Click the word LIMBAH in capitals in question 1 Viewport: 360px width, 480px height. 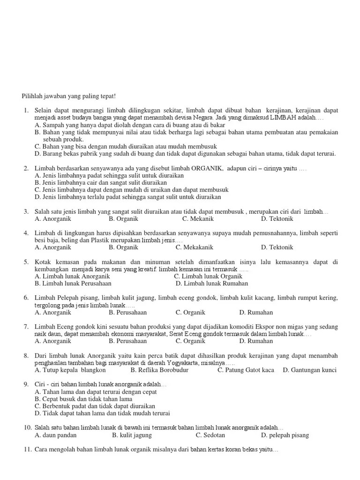pos(281,118)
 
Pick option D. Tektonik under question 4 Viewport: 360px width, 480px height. pos(277,247)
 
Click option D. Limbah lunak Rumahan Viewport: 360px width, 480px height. pos(211,284)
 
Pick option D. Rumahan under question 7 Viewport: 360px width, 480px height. pos(256,341)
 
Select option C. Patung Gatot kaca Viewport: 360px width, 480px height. pos(246,370)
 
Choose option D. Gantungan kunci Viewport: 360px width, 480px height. pos(309,370)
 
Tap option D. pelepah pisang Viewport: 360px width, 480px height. pos(285,435)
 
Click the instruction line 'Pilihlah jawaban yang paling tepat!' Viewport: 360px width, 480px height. pos(68,96)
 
